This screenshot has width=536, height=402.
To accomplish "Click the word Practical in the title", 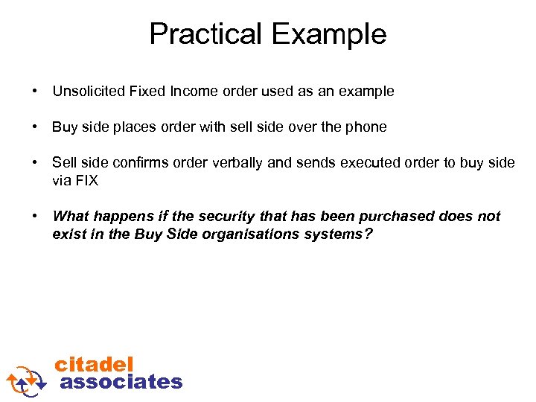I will pos(205,34).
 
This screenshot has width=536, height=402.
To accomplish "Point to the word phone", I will pos(367,127).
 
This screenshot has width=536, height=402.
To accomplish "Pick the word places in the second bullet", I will pos(135,127).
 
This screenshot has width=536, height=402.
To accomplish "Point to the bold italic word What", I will pos(71,217).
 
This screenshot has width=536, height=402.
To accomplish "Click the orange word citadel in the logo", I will pos(95,365).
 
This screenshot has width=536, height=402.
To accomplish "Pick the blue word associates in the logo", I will pos(121,382).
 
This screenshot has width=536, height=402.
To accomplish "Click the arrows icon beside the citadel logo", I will pos(27,379).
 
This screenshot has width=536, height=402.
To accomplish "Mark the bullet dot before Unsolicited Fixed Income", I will pos(35,92).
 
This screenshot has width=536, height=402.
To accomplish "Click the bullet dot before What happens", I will pos(35,217).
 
